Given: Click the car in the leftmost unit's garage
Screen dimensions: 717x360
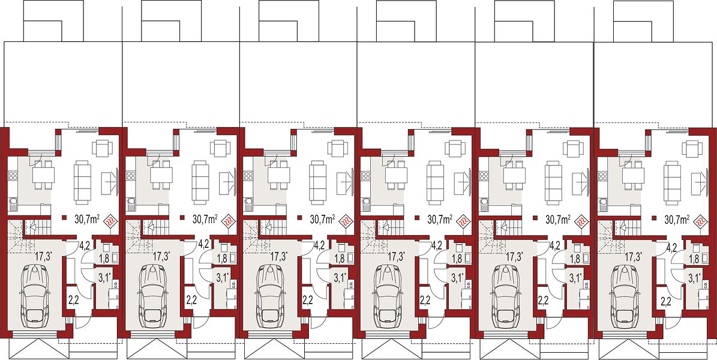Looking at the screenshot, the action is coord(37,295).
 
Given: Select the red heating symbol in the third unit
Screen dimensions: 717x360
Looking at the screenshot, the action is coord(346,222).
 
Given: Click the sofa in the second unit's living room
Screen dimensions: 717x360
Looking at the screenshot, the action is coord(200,182).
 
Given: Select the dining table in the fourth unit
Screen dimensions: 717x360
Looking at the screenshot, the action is coord(397,174).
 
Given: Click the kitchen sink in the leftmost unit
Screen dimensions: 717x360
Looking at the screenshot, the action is coord(13,203).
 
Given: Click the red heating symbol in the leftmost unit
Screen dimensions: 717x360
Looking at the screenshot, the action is coord(110,222).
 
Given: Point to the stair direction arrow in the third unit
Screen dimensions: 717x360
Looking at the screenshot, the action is coord(268,226).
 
